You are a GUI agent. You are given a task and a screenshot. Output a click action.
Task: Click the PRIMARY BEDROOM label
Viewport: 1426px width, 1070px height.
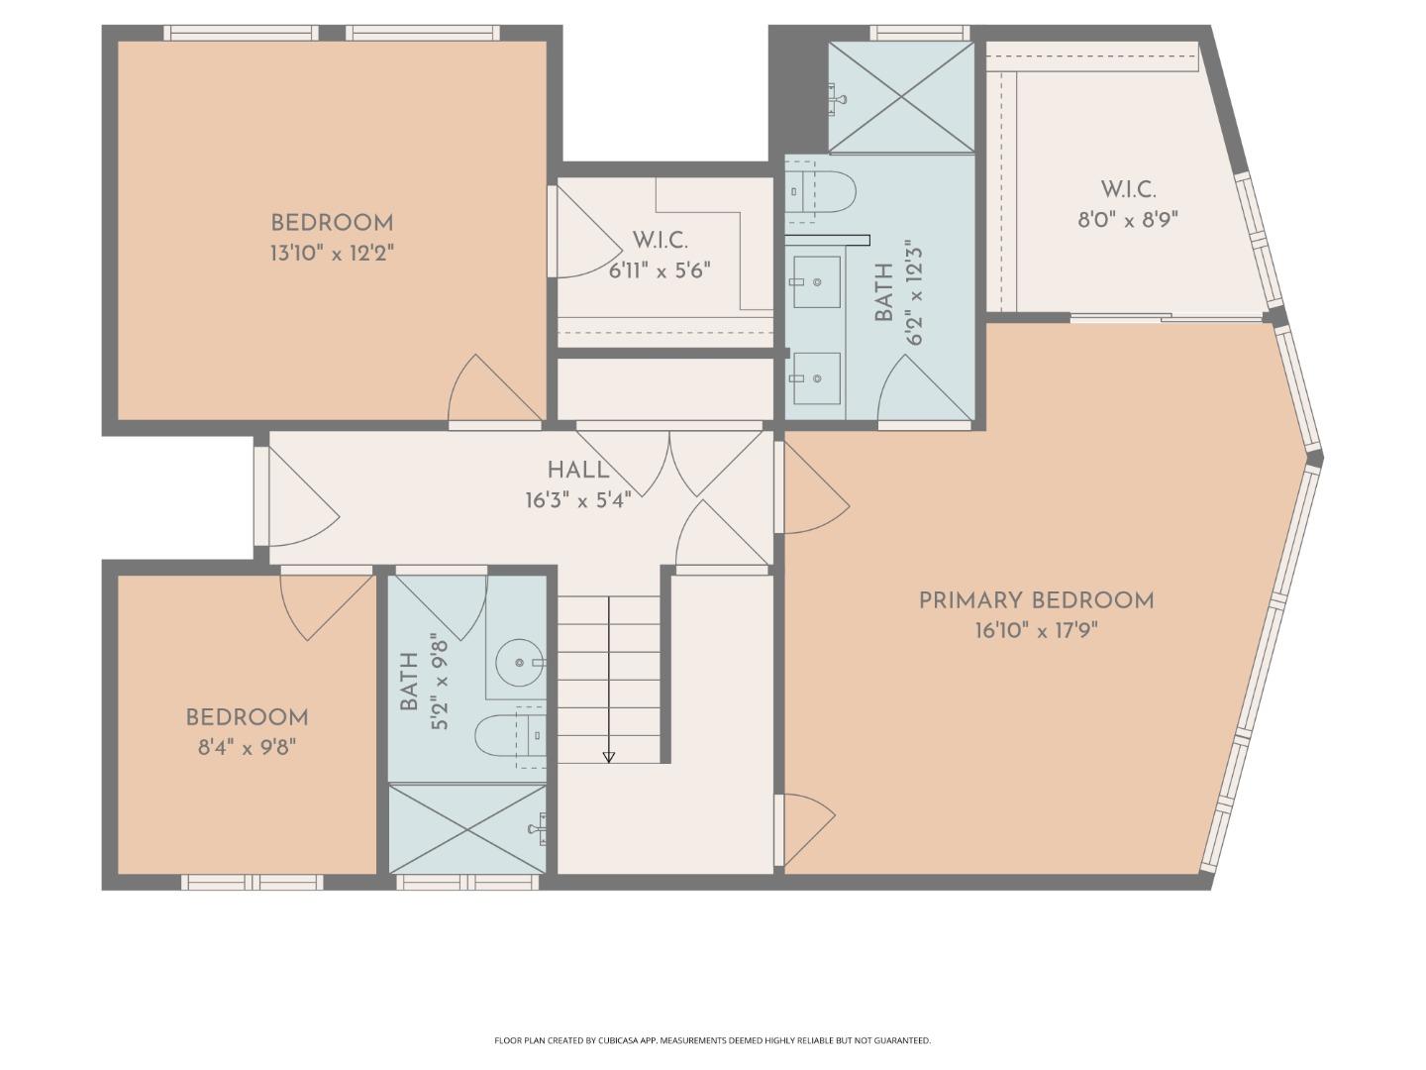(1036, 600)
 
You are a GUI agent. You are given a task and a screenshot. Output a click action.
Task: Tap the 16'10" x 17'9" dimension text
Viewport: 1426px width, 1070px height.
(1036, 631)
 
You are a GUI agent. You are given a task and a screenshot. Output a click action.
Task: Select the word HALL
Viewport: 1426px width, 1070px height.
(578, 471)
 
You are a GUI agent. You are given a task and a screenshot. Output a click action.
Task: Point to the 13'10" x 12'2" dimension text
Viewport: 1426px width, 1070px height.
(332, 254)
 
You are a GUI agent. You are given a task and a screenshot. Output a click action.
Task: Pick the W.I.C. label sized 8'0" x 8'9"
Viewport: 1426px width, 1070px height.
(1128, 189)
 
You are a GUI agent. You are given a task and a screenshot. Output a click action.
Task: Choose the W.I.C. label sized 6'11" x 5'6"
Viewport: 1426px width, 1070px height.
(660, 240)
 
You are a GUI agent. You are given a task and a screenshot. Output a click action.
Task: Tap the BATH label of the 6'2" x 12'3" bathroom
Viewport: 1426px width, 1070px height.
(883, 293)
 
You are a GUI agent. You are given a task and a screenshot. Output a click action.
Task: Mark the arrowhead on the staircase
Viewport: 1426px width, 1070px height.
(609, 757)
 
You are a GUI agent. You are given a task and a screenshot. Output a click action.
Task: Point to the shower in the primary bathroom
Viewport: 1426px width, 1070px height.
(900, 97)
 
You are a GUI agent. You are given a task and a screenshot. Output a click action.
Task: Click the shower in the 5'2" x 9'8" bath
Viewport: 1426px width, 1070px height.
(466, 828)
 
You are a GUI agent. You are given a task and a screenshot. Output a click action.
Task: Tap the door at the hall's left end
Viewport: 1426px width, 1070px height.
(297, 500)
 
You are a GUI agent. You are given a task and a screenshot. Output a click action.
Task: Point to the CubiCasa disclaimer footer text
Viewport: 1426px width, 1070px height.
(712, 1040)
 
